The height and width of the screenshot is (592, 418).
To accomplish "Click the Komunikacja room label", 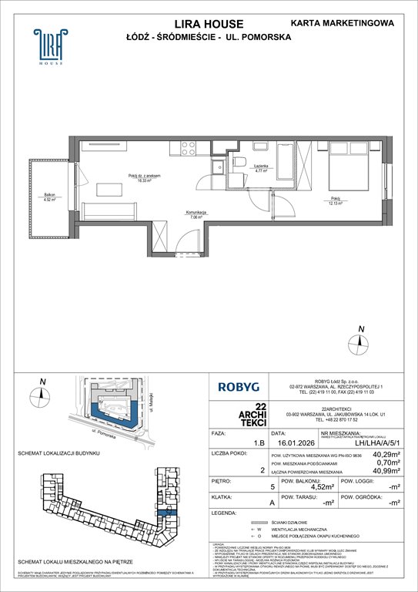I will [193, 215].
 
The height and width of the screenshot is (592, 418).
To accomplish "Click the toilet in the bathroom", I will [239, 162].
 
